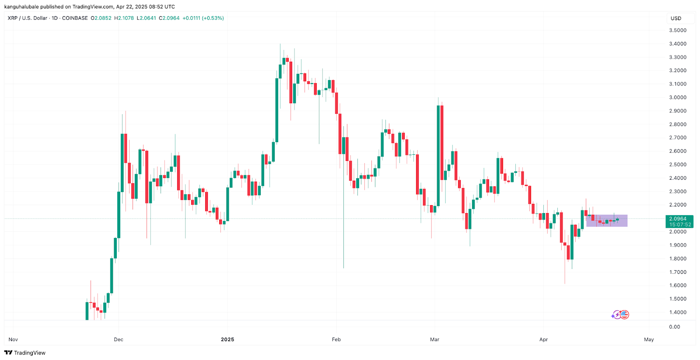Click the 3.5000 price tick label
(x=677, y=30)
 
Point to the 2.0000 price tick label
(x=677, y=232)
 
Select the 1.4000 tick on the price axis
(x=677, y=312)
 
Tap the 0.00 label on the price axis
(x=675, y=327)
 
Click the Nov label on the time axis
(x=13, y=339)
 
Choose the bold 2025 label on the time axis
(x=227, y=339)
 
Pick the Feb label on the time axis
(x=336, y=339)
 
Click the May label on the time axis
(x=649, y=339)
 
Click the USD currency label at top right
(x=676, y=18)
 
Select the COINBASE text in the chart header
(x=75, y=18)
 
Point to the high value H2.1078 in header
(x=124, y=18)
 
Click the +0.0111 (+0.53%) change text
(x=203, y=18)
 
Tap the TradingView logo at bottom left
(x=25, y=353)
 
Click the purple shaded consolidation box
(x=607, y=220)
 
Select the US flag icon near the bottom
(x=624, y=315)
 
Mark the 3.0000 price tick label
(x=677, y=98)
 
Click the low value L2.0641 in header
(x=146, y=18)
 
